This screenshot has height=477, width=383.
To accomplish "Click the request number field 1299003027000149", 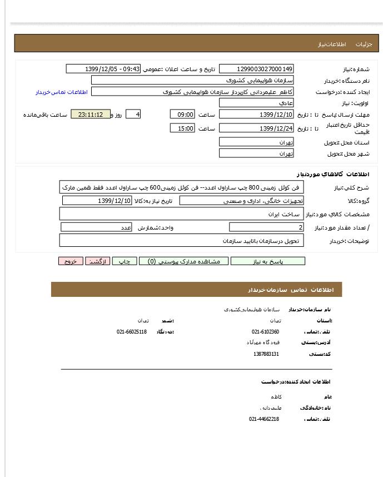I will (256, 69).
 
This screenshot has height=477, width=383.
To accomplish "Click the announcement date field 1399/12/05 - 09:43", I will (103, 69).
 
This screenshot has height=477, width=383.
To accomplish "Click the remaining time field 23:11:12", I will (91, 115).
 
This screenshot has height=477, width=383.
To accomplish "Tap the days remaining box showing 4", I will (133, 115).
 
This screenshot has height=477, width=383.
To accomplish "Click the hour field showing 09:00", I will (182, 115).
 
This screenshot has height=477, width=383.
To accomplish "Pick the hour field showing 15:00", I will (182, 128).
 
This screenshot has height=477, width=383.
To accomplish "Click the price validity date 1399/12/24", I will (256, 128).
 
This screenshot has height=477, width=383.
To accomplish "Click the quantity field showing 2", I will (266, 227).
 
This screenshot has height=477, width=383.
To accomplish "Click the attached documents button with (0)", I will (183, 261).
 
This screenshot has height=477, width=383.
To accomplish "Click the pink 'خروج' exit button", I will (71, 261).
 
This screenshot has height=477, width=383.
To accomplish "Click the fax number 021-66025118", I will (132, 332).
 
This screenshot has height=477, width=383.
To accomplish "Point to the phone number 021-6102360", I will (265, 332).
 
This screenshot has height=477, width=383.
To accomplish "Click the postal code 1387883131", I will (266, 354).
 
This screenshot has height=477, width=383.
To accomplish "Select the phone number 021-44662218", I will (264, 419).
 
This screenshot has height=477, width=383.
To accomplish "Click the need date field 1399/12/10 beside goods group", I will (97, 201).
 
